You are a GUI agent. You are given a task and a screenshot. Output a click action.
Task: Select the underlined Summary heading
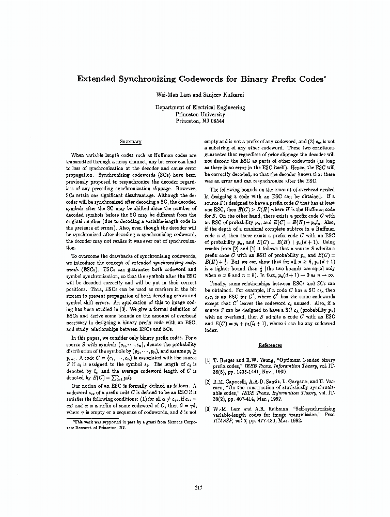point(130,141)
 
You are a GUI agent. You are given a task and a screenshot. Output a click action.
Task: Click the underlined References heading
point(270,345)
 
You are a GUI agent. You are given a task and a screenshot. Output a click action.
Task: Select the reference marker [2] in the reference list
point(208,382)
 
